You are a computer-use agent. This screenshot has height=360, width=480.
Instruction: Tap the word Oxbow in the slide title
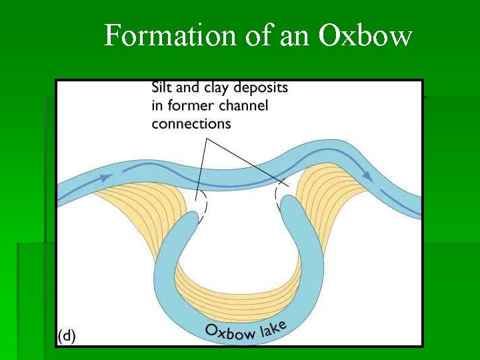[x=365, y=35]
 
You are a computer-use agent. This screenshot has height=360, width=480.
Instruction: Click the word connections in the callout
[x=191, y=123]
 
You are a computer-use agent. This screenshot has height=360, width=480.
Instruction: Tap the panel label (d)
[x=66, y=336]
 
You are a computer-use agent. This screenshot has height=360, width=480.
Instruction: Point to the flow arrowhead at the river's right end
[x=366, y=174]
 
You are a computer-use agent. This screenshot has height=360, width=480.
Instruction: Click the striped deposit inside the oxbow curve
[x=240, y=280]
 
